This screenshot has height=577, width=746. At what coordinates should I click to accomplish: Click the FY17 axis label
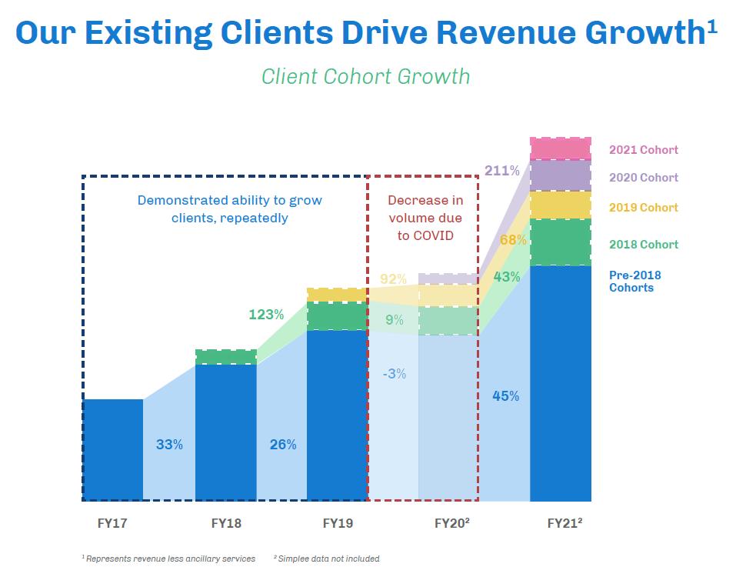click(112, 524)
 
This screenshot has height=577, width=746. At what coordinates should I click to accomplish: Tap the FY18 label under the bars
click(225, 524)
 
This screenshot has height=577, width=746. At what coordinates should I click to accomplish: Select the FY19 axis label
click(338, 524)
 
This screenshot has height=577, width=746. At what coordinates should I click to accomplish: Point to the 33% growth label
click(169, 444)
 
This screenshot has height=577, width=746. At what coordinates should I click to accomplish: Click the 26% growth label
click(282, 444)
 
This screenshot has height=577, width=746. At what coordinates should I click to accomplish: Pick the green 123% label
click(266, 314)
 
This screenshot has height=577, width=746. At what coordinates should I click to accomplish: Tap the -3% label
click(394, 374)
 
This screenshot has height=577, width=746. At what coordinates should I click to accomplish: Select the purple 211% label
click(501, 170)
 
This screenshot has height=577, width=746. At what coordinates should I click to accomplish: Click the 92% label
click(393, 279)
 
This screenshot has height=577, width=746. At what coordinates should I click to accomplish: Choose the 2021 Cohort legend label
click(643, 150)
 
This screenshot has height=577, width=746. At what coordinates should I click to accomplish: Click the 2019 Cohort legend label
click(643, 208)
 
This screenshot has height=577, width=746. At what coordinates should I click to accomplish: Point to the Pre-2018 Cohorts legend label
click(634, 282)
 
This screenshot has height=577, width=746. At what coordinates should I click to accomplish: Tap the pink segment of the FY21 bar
click(560, 148)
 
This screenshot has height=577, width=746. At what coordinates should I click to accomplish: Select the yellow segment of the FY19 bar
click(337, 295)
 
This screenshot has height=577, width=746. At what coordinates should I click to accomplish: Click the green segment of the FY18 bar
click(225, 357)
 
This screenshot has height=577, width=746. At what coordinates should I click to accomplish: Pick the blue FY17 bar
click(112, 449)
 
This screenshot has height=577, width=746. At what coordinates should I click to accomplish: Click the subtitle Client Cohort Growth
click(365, 77)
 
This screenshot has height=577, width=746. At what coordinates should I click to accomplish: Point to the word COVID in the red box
click(425, 235)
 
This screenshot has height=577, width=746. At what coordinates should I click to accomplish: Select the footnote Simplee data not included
click(328, 559)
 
